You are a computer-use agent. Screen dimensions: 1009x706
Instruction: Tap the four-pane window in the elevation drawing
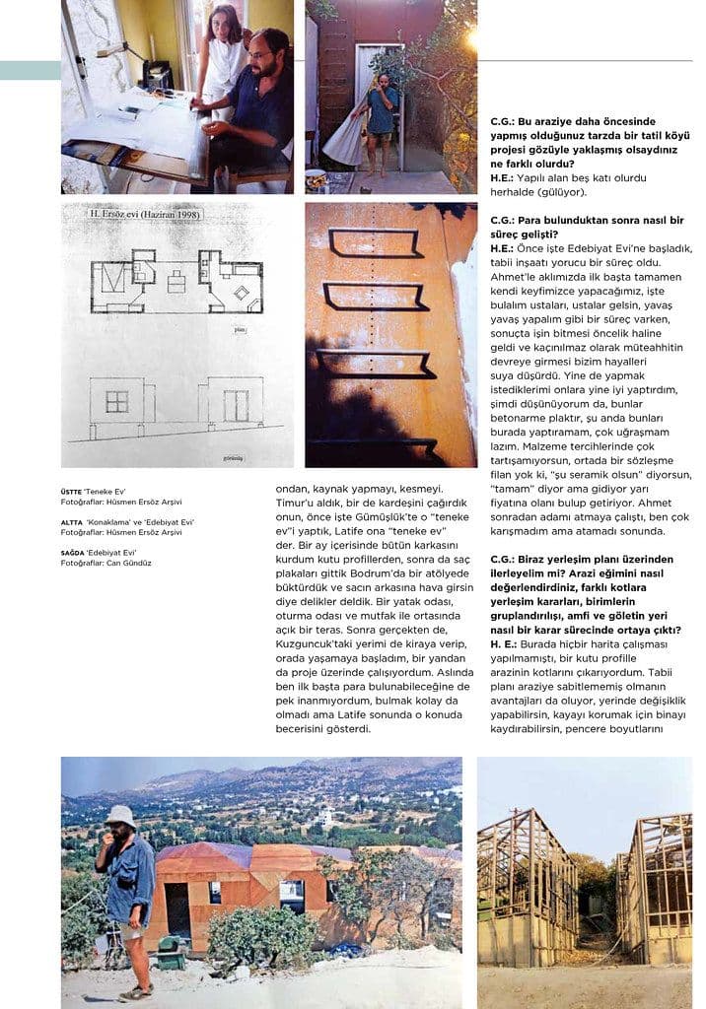[x=117, y=402]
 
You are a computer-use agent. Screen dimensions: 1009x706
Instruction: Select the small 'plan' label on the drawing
[x=240, y=330]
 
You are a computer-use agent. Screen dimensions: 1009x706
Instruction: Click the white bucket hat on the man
[x=121, y=815]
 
